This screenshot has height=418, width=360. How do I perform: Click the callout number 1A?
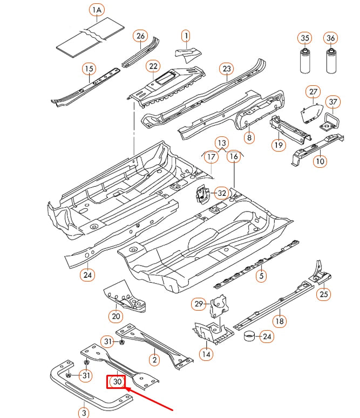(97, 11)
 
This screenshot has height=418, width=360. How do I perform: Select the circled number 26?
(141, 37)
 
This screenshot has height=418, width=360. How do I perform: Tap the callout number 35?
(305, 38)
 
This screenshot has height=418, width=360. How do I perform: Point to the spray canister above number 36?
(330, 64)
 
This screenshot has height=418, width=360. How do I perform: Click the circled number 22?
(154, 66)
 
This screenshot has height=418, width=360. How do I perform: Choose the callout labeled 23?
(227, 68)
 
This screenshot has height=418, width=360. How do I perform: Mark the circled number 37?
(333, 102)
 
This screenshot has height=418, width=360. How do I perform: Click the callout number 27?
(313, 91)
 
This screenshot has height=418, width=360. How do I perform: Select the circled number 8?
(249, 138)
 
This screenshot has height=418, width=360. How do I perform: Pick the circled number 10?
(320, 161)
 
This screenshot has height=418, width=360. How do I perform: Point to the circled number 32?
(221, 193)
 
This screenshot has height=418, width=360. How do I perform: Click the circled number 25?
(324, 294)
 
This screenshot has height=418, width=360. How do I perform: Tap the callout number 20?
(116, 316)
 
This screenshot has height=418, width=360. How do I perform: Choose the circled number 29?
(199, 305)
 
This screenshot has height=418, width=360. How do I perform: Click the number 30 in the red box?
(117, 382)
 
